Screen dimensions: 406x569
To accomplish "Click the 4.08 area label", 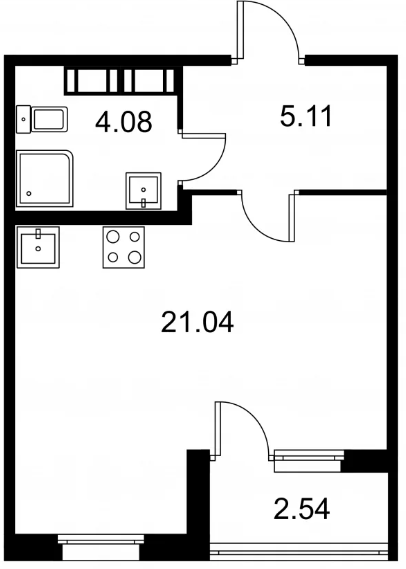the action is pos(123,122).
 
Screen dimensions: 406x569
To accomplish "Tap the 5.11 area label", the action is pos(306,116).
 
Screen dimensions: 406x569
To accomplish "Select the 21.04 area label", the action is pos(197,322).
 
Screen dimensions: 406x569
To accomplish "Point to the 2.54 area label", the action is pos(302,508).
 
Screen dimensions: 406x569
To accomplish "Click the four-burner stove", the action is pos(124,247).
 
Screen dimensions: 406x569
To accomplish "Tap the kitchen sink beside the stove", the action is pos(38,247).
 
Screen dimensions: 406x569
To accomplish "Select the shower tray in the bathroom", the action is pos(45,179).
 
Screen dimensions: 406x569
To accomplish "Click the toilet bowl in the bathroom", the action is pos(50,119).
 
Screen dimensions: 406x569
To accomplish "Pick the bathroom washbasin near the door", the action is pos(143,191).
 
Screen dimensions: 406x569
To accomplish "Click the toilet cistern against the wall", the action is pos(23,119).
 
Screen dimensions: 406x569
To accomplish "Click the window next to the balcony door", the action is pos(308,460).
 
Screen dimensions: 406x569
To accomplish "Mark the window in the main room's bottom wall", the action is pos(101,547).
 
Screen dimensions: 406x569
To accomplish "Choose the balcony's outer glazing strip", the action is pos(299,552).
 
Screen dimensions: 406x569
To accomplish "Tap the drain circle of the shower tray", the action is pos(29,193).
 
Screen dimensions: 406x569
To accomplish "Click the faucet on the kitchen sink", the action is pos(38,233).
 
